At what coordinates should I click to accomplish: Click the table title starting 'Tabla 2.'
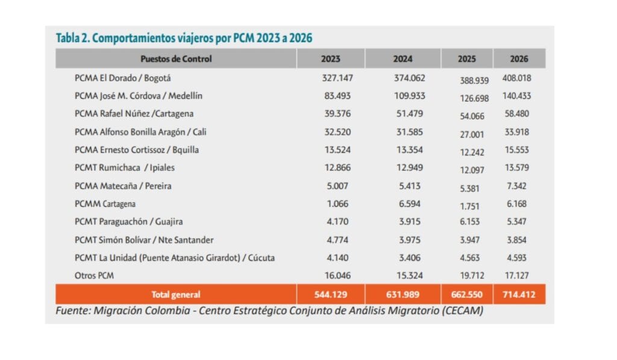pos(184,38)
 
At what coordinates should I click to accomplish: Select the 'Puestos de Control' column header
pos(176,59)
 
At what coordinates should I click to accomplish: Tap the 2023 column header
pos(330,59)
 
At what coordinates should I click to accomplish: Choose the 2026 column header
pos(519,59)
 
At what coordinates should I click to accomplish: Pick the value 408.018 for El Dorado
pos(516,78)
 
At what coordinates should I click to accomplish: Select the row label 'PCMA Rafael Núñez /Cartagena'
pos(134,113)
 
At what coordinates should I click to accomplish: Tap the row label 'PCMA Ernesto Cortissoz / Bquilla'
pos(137,150)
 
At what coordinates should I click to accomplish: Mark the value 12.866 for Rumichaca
pos(336,168)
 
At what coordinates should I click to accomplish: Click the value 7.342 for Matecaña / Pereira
pos(516,186)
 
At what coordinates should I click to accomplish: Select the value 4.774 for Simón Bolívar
pos(336,240)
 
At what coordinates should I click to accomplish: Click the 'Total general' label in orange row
pos(176,295)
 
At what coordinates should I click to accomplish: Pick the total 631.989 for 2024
pos(402,295)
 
